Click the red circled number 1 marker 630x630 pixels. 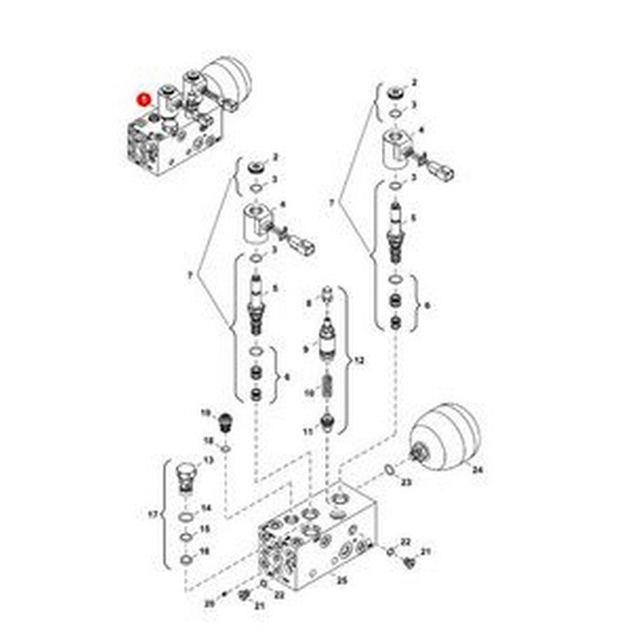143,100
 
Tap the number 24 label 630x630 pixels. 475,470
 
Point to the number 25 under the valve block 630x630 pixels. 341,580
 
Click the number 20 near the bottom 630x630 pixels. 209,603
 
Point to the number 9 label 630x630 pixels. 307,348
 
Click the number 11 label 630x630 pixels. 309,430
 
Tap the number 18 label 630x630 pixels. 209,440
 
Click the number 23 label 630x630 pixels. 406,481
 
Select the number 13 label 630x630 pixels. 209,461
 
